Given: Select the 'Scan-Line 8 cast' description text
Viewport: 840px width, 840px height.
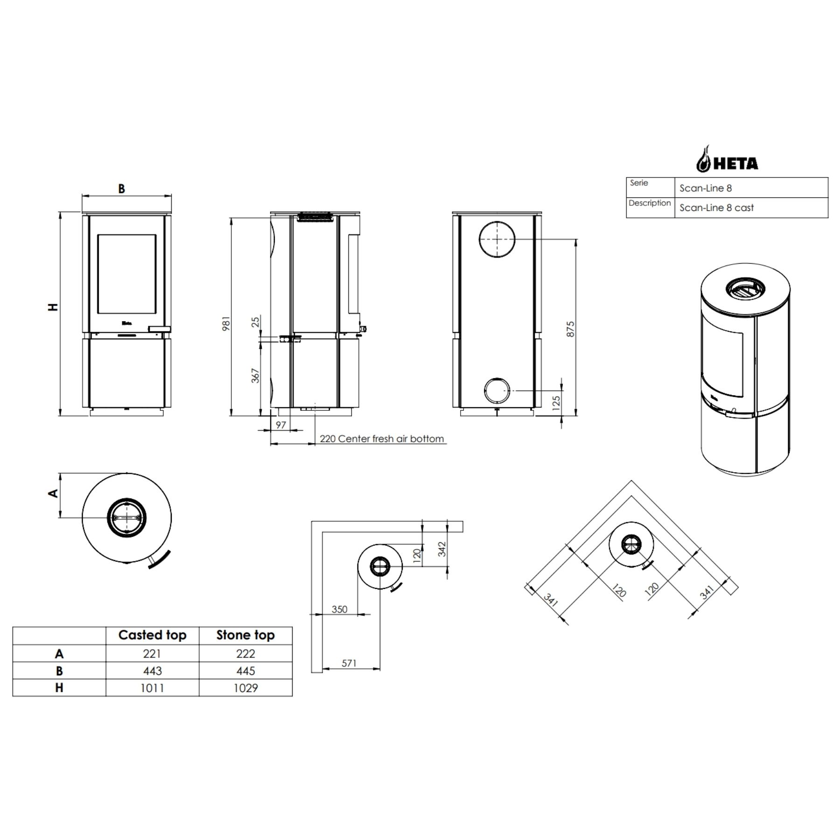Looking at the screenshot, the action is (716, 208).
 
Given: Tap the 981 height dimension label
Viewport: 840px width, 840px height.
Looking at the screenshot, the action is (226, 323).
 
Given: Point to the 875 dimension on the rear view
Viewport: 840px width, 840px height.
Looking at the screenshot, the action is (570, 329).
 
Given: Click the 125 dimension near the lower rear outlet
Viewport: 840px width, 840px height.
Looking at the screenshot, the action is (556, 403).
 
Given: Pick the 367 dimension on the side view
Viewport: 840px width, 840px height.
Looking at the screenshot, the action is (255, 376).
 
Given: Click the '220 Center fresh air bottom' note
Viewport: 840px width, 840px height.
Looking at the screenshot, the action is (382, 439).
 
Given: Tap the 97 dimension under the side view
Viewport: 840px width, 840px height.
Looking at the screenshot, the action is (281, 425).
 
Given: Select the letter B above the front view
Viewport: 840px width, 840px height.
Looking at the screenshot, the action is (121, 189).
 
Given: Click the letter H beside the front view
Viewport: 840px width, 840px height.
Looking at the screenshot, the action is (54, 307).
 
